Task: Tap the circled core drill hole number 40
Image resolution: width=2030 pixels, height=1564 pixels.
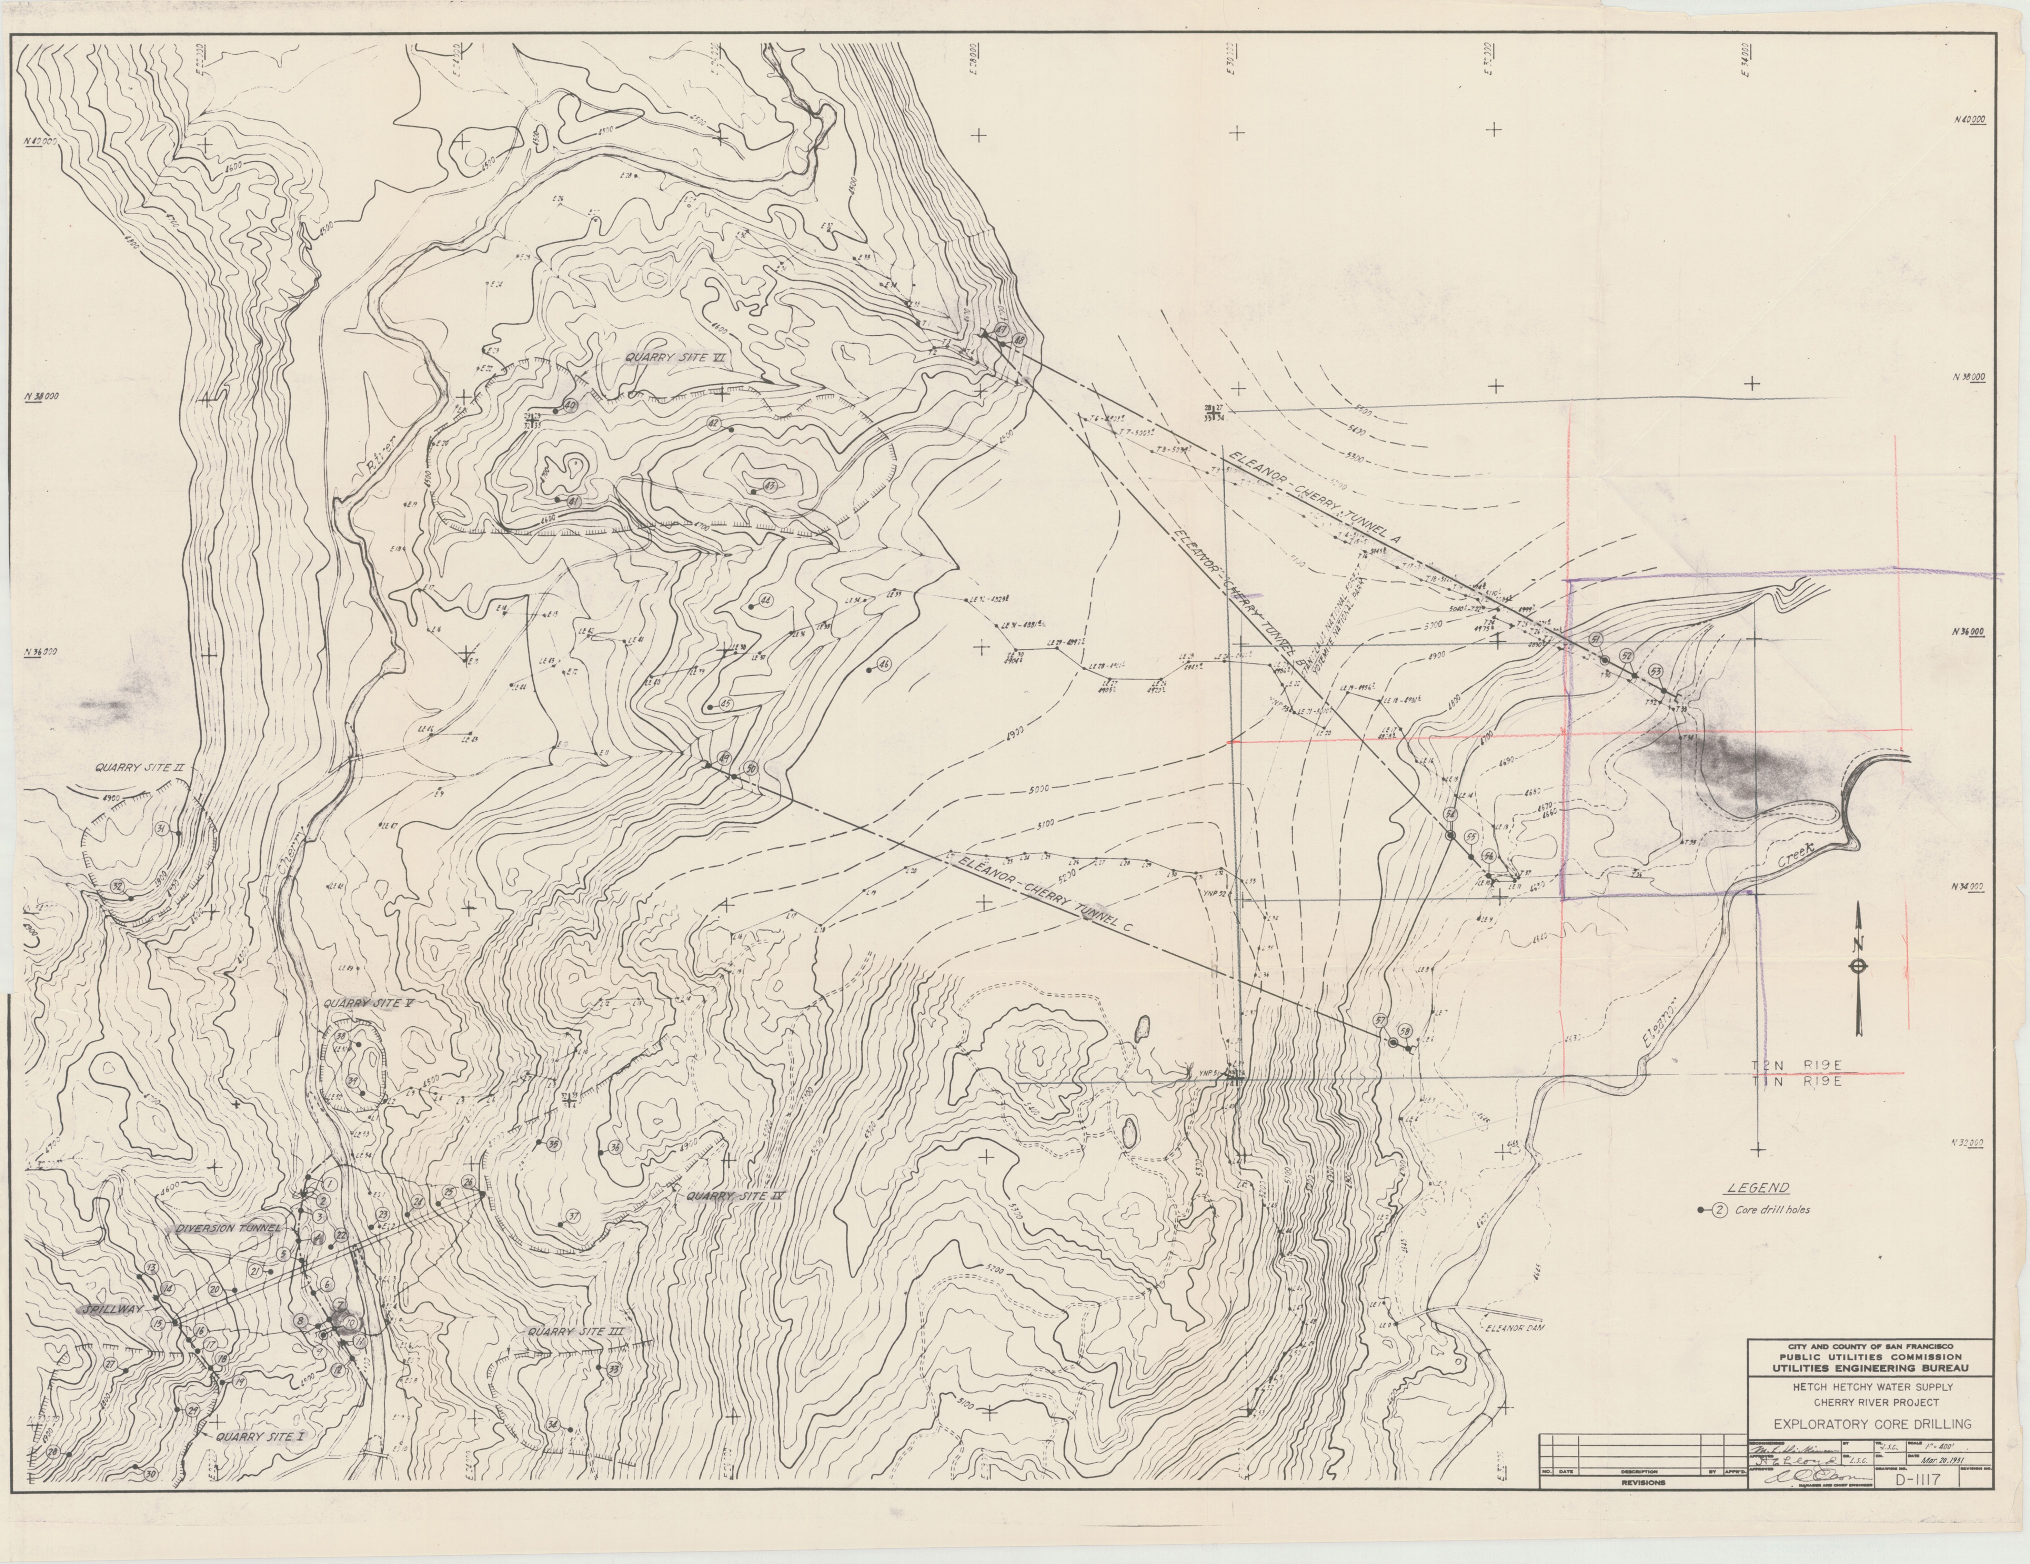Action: click(x=570, y=406)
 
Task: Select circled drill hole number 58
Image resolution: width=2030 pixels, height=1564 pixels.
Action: click(x=1404, y=1032)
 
